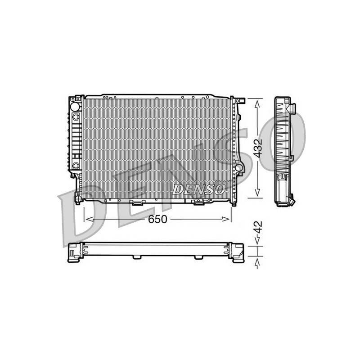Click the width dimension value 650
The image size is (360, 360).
(x=157, y=219)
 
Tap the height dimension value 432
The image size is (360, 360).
(x=258, y=148)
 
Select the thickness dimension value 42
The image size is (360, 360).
(x=258, y=227)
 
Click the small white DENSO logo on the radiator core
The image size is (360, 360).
(x=199, y=189)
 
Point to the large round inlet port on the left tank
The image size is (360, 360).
(x=75, y=107)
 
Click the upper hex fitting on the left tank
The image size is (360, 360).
(x=76, y=117)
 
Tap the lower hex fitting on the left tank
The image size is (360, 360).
(x=76, y=166)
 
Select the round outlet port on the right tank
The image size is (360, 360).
(x=239, y=167)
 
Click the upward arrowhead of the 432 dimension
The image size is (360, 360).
(x=257, y=104)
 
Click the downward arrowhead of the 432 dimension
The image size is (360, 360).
(x=257, y=192)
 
